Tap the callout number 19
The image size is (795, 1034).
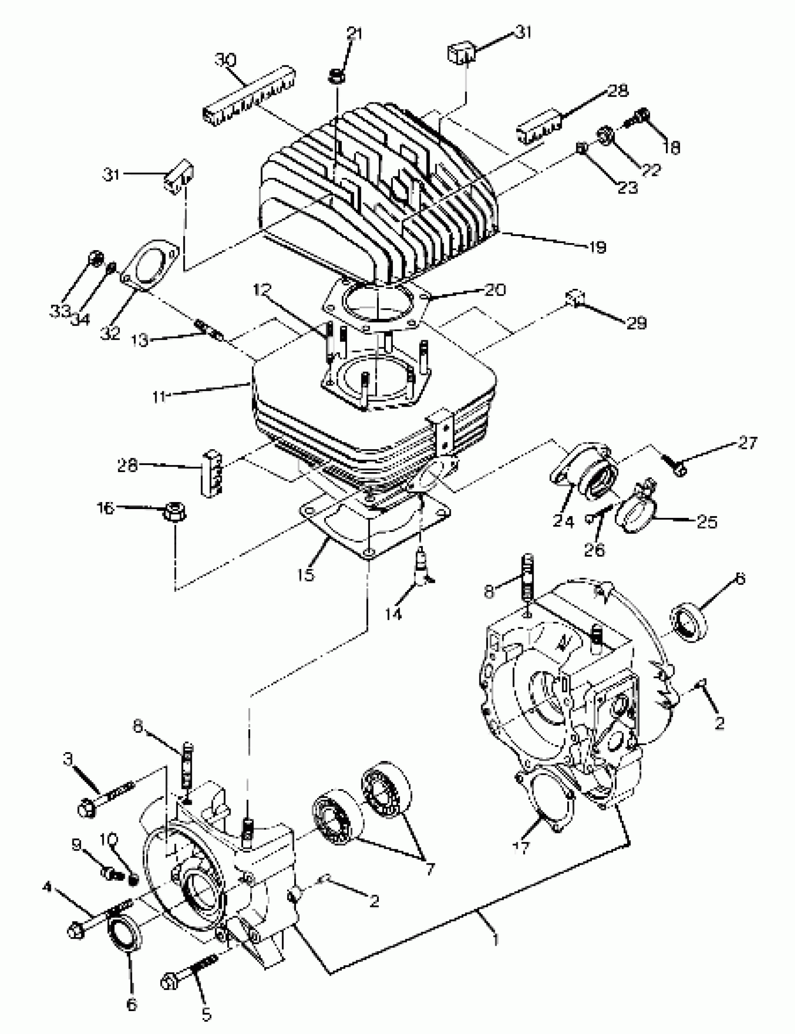[x=598, y=247]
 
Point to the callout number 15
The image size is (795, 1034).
[x=306, y=574]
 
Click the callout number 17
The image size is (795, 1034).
[x=522, y=847]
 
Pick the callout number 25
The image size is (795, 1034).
[x=707, y=522]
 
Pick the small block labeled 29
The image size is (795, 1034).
[x=576, y=299]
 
